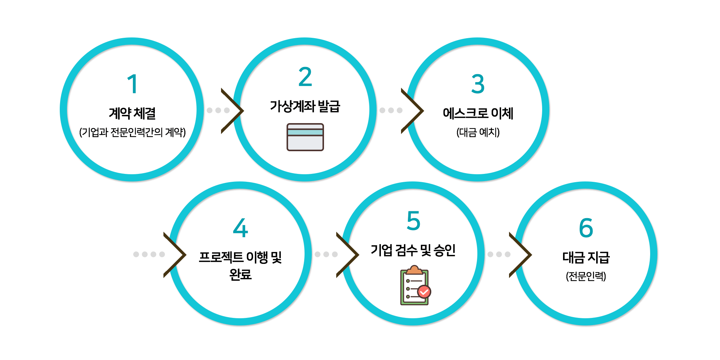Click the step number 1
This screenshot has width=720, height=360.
pyautogui.click(x=132, y=84)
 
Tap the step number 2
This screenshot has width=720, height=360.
pyautogui.click(x=305, y=77)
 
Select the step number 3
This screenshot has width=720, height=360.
pyautogui.click(x=478, y=84)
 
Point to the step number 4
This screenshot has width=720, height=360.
pyautogui.click(x=240, y=228)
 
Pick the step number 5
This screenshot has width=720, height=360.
pyautogui.click(x=413, y=221)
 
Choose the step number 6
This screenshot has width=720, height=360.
pyautogui.click(x=586, y=228)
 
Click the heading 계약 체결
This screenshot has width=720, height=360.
pyautogui.click(x=132, y=113)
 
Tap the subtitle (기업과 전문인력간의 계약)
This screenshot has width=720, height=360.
pyautogui.click(x=132, y=132)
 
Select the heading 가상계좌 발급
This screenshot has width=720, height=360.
pyautogui.click(x=305, y=106)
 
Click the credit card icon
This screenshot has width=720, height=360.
pyautogui.click(x=305, y=137)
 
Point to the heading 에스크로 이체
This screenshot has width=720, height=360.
pyautogui.click(x=478, y=113)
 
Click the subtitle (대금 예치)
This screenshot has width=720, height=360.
pyautogui.click(x=478, y=132)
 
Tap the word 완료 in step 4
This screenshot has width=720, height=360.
pyautogui.click(x=240, y=275)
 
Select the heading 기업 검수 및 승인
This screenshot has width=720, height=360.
pyautogui.click(x=413, y=250)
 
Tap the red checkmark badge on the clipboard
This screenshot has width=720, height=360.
pyautogui.click(x=424, y=292)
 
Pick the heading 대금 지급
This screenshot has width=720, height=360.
pyautogui.click(x=586, y=257)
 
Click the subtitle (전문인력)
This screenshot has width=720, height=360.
pyautogui.click(x=586, y=276)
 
